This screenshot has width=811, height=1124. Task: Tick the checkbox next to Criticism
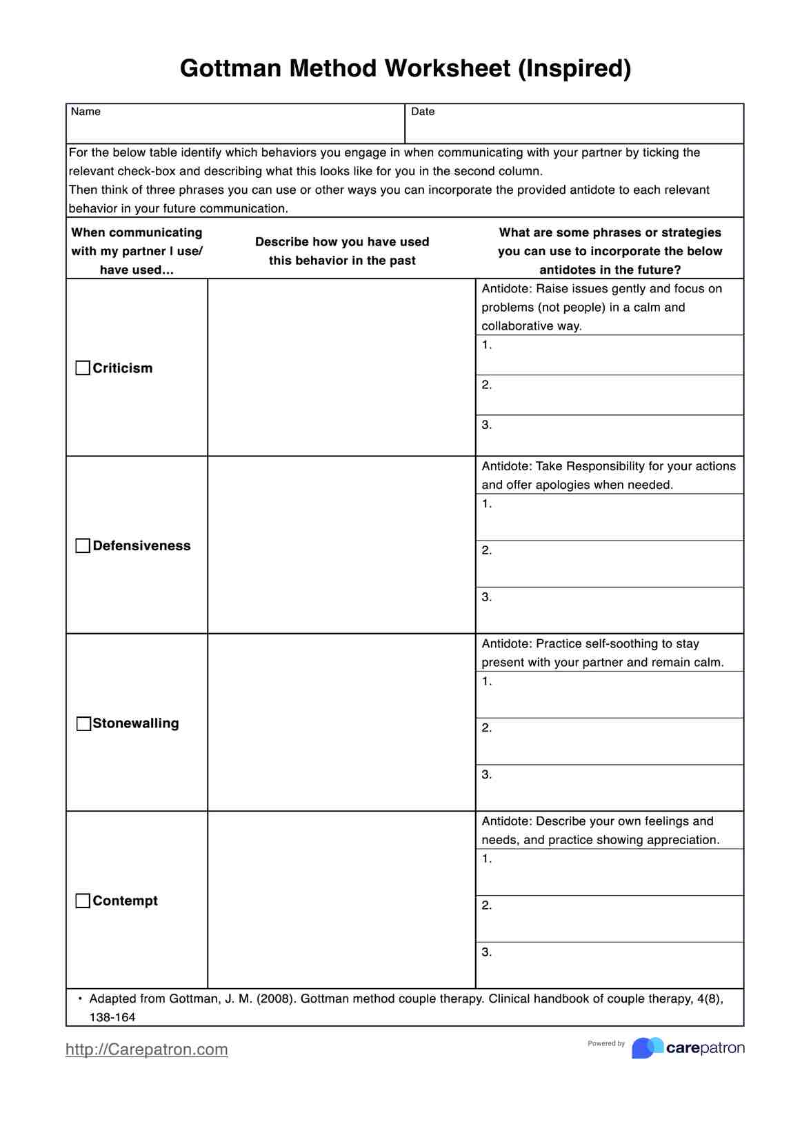83,368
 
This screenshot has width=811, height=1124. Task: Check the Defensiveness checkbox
83,545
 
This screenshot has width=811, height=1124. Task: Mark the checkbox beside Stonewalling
83,723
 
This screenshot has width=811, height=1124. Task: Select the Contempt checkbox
83,901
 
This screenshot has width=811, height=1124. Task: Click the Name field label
86,112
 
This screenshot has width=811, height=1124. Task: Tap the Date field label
423,112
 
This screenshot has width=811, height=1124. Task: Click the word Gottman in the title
230,68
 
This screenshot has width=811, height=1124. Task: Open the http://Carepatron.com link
146,1050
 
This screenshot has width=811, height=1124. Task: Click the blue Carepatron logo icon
647,1047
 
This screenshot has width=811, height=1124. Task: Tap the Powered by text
606,1043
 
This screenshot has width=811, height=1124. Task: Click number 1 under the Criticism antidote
486,345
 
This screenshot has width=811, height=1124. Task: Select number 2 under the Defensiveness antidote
486,550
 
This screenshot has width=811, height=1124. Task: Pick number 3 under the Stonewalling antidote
486,774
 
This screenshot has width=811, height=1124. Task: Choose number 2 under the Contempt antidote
486,905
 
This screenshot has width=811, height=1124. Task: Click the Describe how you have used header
342,242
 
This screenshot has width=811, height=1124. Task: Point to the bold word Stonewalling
136,723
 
